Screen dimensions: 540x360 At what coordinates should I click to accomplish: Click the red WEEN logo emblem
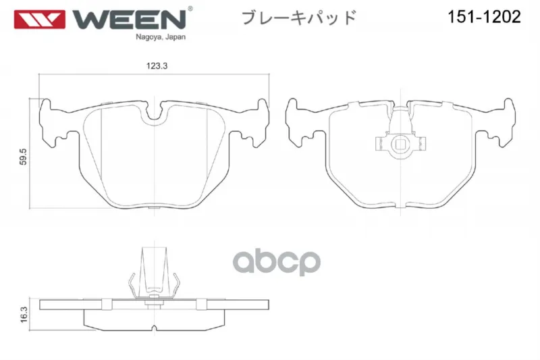tap(39, 20)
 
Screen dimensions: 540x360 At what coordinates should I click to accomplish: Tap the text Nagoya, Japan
tap(161, 37)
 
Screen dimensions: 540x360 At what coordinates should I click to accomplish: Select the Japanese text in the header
tap(298, 18)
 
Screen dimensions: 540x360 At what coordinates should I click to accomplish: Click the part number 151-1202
tap(484, 16)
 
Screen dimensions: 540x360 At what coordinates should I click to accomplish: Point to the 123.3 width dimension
tap(157, 66)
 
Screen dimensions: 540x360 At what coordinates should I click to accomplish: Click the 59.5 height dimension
tap(23, 157)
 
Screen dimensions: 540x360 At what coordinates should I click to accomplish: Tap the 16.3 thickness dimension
tap(24, 315)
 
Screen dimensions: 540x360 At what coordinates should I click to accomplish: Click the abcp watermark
tap(277, 262)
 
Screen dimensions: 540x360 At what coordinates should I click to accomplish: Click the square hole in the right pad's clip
tap(400, 144)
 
